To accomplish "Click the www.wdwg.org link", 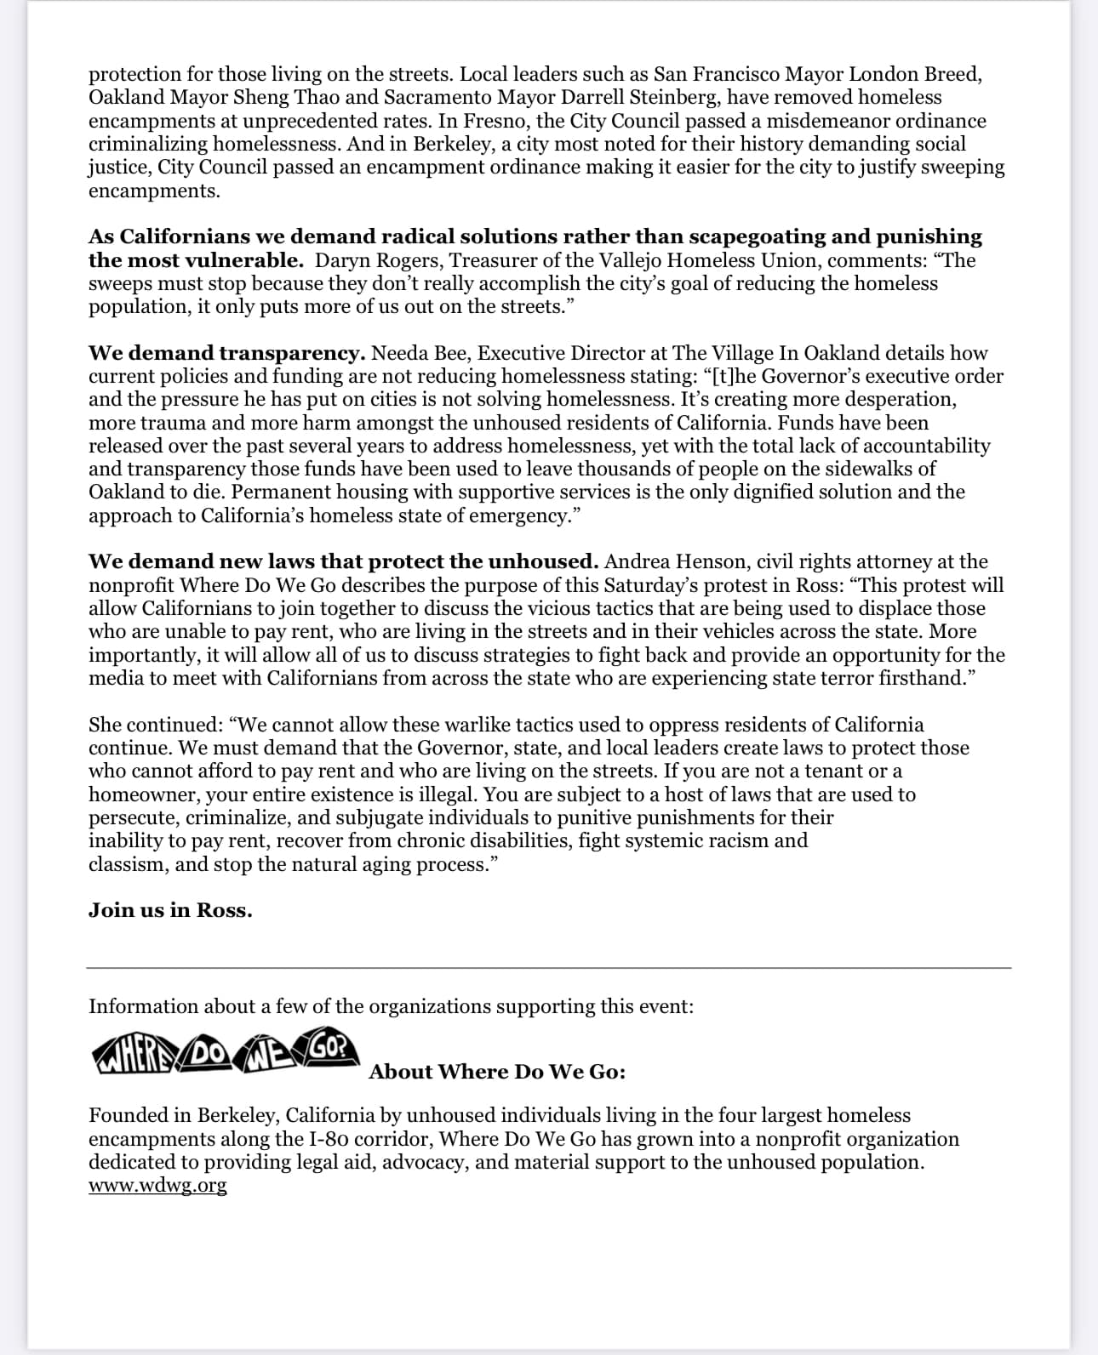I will (157, 1186).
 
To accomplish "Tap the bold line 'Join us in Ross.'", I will (170, 910).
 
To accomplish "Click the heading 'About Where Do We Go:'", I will (497, 1072).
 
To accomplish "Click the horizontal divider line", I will (549, 968).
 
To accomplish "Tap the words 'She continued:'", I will (155, 725).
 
